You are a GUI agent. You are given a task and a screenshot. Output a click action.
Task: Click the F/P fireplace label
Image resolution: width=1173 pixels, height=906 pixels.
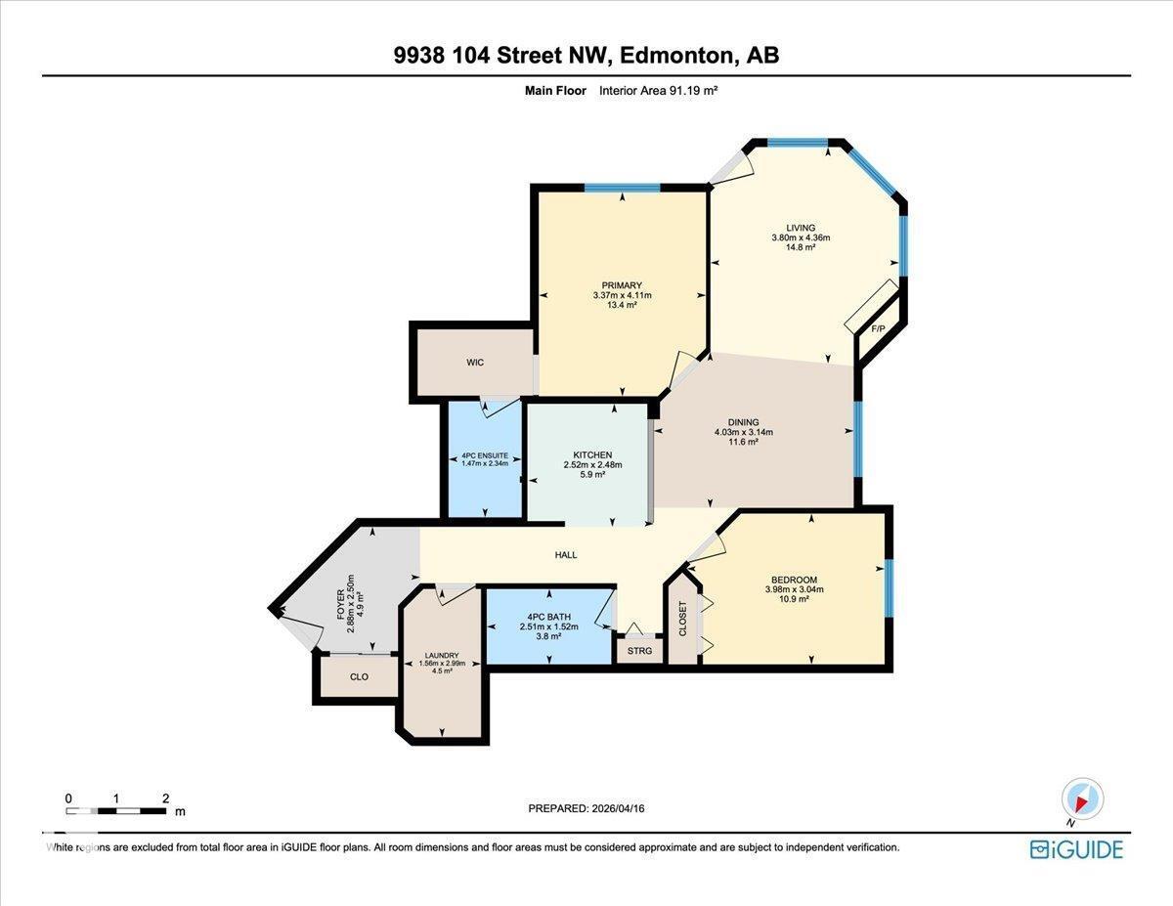pos(878,329)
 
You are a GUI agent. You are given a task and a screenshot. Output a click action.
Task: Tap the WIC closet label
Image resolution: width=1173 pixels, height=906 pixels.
pos(475,363)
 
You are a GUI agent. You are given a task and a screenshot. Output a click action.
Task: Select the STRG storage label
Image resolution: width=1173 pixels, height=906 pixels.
pos(639,651)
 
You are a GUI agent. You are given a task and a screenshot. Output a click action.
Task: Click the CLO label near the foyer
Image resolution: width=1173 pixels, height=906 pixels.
pos(359,676)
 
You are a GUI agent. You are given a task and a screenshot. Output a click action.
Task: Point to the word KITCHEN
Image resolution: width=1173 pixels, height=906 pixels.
pos(592,454)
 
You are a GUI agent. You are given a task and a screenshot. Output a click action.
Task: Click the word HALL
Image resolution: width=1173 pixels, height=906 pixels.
pos(566,555)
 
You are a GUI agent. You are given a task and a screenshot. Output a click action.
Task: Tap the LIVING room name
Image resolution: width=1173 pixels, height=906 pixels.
pos(801,228)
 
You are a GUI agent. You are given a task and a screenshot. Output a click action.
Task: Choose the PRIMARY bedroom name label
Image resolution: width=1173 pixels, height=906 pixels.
pos(622,285)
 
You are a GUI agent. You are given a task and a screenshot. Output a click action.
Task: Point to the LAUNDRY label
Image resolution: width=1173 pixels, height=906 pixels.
pos(442,656)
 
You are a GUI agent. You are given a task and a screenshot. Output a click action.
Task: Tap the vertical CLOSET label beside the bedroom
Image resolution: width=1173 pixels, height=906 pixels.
pos(683,618)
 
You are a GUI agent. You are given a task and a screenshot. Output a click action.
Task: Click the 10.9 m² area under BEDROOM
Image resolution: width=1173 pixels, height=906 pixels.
pos(794,599)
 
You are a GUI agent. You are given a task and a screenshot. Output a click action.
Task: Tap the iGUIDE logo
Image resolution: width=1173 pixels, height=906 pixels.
pos(1076,848)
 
